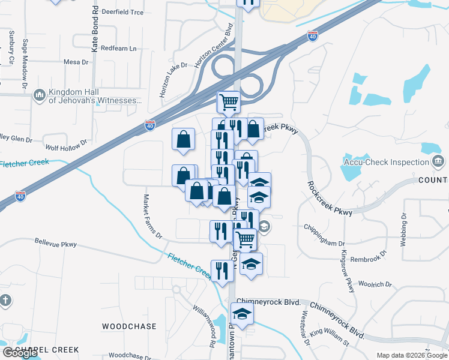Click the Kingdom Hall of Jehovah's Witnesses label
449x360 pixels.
pos(93,96)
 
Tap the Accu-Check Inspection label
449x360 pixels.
pos(385,162)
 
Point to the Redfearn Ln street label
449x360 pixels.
pos(119,48)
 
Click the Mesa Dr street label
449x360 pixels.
pos(76,62)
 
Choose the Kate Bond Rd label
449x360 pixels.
pos(95,29)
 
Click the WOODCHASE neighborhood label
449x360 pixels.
pos(129,326)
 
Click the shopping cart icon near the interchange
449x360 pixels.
pos(229,102)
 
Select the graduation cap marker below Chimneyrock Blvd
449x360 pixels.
pos(243,314)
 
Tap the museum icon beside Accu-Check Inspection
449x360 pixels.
pos(438,162)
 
